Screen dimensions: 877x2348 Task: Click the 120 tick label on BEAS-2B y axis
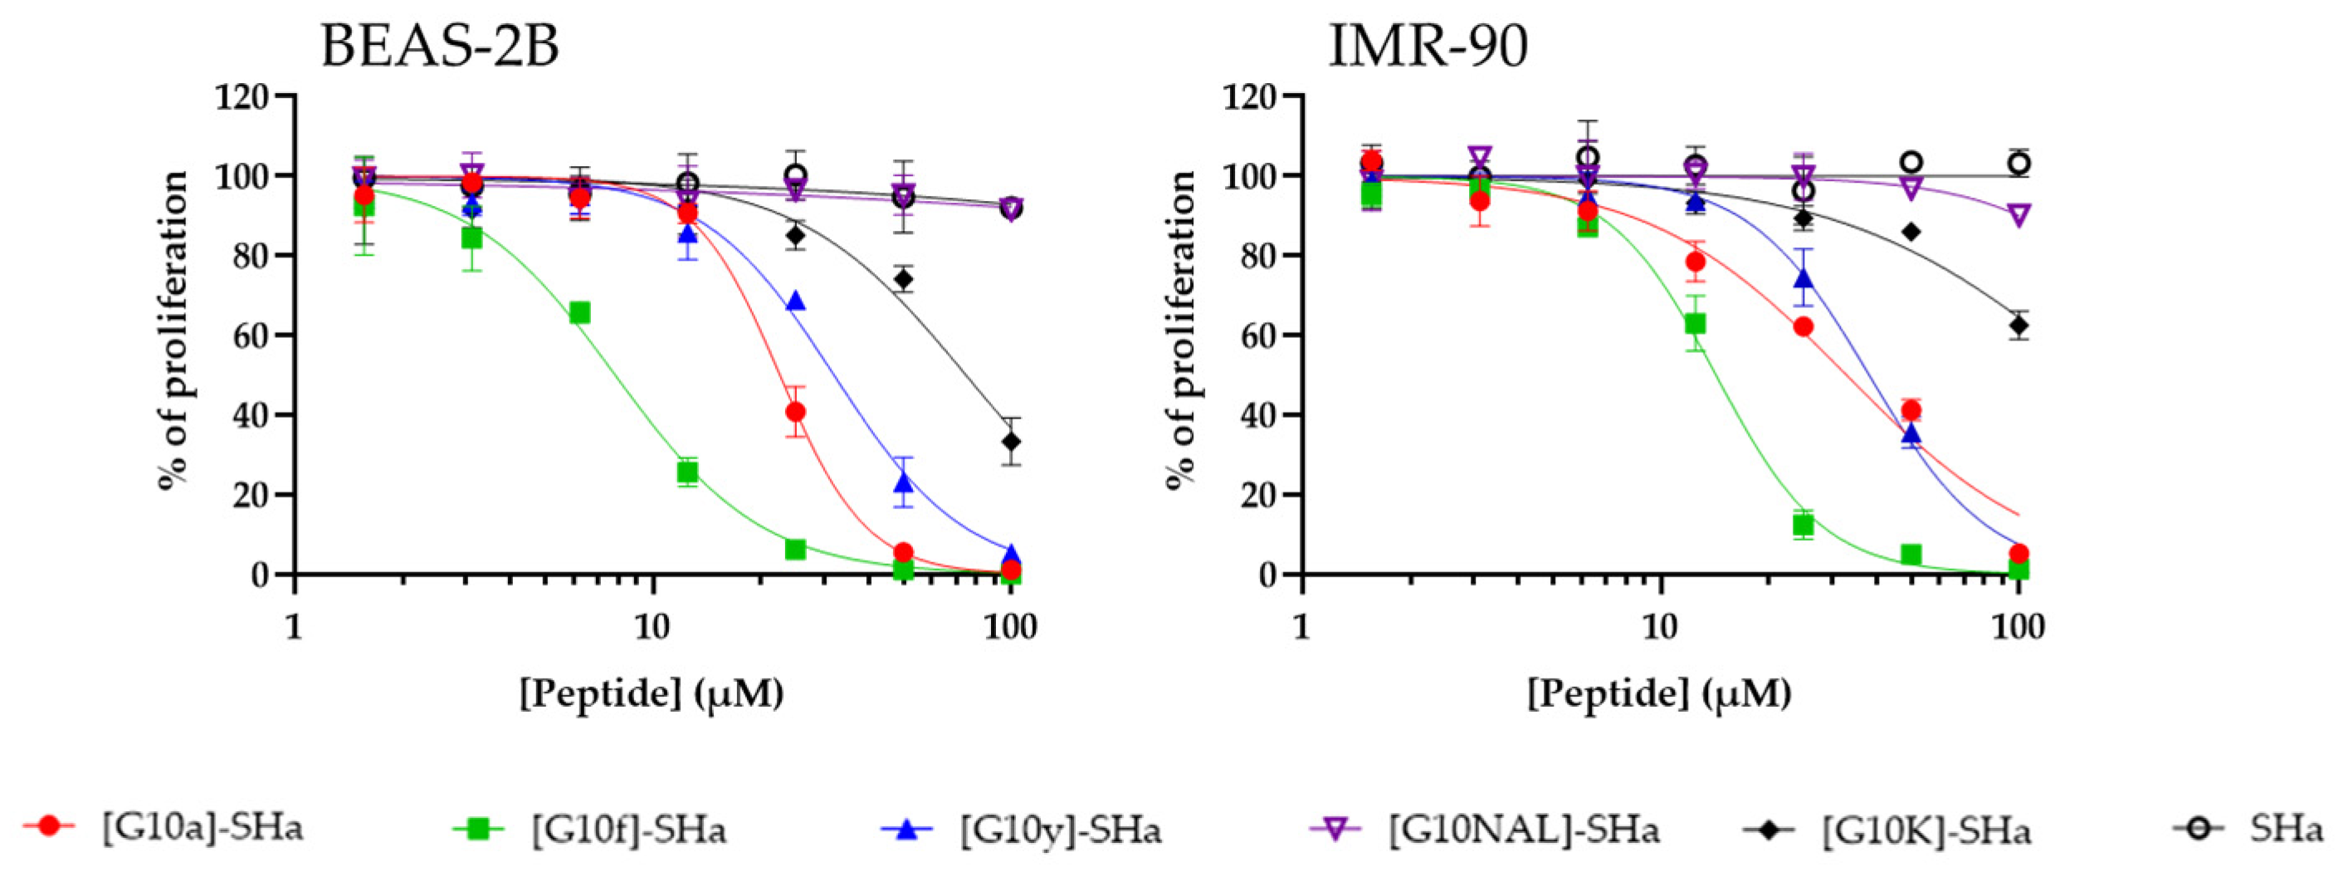pos(242,96)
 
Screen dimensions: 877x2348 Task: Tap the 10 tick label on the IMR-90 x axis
pos(1659,627)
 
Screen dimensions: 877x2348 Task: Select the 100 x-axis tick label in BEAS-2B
pos(1010,627)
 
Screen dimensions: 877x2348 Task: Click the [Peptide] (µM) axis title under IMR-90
pos(1659,693)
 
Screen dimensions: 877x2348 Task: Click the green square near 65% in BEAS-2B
pos(579,314)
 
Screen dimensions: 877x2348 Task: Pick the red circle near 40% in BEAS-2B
pos(795,412)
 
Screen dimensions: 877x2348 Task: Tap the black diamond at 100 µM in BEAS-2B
pos(1010,442)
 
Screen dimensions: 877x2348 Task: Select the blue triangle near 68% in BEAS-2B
pos(795,301)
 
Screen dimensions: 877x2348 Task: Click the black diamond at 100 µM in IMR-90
pos(2018,326)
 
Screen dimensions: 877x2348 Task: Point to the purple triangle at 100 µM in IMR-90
pos(2018,216)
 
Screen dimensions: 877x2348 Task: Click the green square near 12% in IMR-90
pos(1803,525)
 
